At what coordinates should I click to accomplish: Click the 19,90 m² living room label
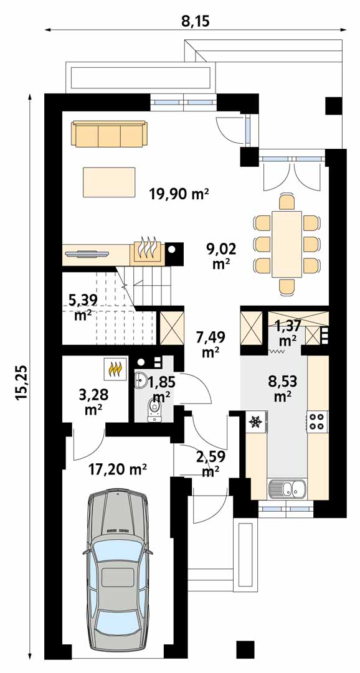click(179, 194)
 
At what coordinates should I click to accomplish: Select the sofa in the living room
click(110, 134)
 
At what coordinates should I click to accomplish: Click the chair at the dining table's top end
click(287, 202)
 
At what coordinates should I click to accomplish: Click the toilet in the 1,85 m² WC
click(154, 410)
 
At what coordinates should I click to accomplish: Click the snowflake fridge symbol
click(256, 421)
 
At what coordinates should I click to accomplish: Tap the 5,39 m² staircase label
click(83, 307)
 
